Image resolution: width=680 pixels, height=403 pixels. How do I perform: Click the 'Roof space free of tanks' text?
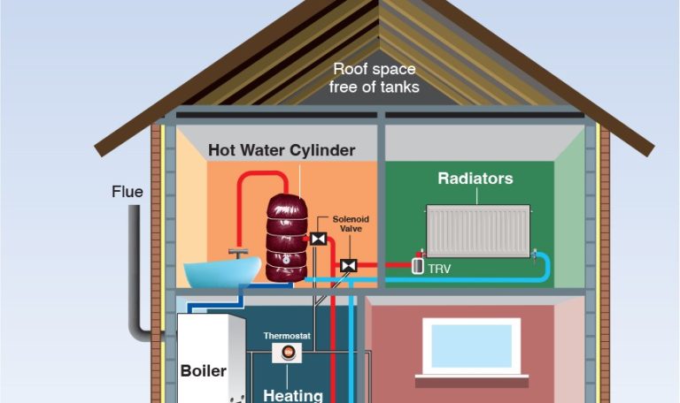[375, 78]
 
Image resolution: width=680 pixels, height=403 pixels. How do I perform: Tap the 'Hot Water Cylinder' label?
[282, 150]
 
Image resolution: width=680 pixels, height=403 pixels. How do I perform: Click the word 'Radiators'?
[475, 179]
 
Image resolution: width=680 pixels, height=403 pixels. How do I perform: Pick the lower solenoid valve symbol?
[348, 264]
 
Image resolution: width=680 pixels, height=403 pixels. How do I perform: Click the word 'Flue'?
[127, 192]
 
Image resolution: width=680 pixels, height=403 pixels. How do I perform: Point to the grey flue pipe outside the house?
[135, 265]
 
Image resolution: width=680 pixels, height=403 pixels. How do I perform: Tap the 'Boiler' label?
[204, 370]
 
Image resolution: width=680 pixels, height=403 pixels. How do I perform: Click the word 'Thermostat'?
[284, 336]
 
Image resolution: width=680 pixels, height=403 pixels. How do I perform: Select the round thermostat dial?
[287, 353]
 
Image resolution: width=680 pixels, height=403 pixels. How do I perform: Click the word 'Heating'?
[292, 395]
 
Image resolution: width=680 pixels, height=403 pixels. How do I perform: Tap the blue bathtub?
[221, 270]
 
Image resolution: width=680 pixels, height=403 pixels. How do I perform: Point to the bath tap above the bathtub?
[238, 254]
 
